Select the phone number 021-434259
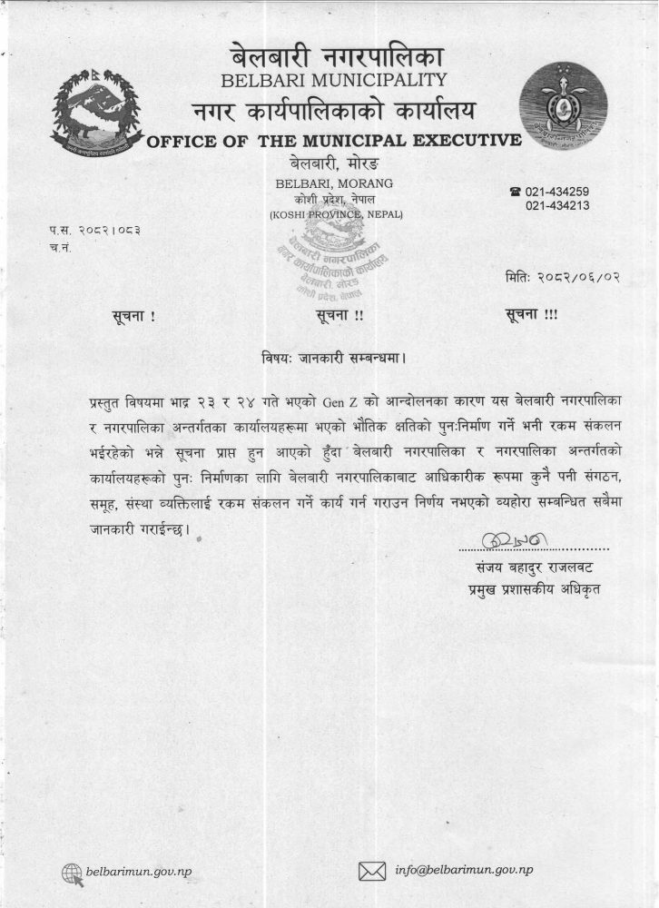coord(557,192)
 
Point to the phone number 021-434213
coord(557,206)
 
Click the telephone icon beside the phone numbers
coord(516,192)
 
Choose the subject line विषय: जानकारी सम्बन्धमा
coord(329,357)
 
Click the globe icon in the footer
coord(72,872)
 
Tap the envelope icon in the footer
coord(372,871)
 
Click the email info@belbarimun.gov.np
coord(464,870)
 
